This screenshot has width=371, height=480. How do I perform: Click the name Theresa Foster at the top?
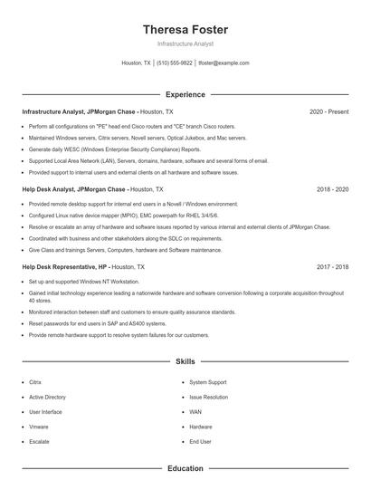[185, 30]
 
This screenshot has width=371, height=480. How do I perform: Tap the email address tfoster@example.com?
[224, 63]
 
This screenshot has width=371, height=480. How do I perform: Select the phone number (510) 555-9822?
[175, 63]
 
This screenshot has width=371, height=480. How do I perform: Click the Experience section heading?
[185, 94]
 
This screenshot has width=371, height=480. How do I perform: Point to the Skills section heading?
[185, 361]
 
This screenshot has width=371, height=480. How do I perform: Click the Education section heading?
[185, 469]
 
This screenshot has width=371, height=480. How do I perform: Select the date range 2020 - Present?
[328, 111]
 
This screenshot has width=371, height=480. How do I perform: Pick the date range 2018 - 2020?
[332, 190]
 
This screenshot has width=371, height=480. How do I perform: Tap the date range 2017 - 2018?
[332, 268]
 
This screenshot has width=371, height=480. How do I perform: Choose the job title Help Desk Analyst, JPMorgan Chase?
[74, 190]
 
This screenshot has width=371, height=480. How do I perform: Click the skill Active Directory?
[47, 397]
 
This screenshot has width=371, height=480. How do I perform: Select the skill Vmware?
[39, 427]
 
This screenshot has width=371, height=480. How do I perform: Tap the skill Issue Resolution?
[208, 397]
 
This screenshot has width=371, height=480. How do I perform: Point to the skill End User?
[200, 441]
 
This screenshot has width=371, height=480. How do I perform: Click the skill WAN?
[195, 412]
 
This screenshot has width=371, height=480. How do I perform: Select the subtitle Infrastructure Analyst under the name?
[185, 44]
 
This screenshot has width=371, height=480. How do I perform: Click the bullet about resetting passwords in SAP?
[97, 323]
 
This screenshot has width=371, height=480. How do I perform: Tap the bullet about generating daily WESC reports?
[114, 149]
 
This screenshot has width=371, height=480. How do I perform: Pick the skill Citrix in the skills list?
[35, 382]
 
